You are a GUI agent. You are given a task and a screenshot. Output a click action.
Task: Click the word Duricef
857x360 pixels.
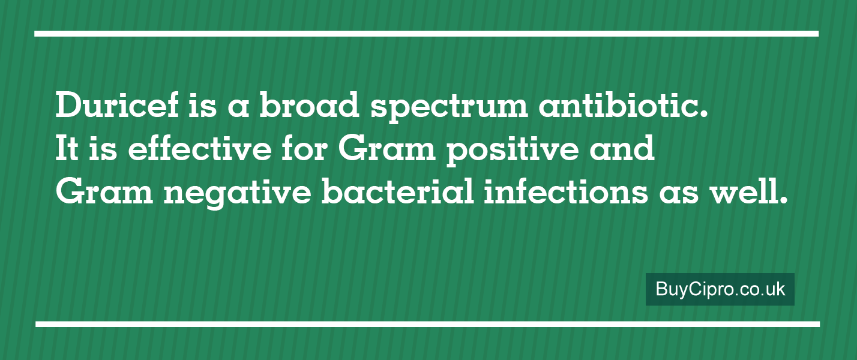coord(117,105)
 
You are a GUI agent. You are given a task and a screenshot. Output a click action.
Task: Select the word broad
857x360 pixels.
coord(310,105)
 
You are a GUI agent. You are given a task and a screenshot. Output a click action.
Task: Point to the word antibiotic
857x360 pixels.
coord(624,105)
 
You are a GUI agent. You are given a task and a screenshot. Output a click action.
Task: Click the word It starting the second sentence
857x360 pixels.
coord(67,148)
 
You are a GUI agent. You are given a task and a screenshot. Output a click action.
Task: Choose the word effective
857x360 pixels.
coord(200,147)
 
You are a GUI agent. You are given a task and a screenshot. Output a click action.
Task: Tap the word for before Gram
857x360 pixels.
coord(305,147)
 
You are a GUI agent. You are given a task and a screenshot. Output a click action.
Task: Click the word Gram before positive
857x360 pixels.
coord(387,148)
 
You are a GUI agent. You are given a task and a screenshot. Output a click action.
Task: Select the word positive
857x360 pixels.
coord(513,151)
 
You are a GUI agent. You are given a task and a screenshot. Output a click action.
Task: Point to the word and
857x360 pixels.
coord(622,147)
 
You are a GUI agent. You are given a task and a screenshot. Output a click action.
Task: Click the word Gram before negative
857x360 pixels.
coord(104,191)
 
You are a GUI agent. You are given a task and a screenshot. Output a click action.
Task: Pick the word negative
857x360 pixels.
coord(238,194)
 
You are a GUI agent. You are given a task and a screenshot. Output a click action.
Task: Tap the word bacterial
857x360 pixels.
coord(397,190)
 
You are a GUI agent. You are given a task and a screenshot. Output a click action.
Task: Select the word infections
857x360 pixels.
coord(566,190)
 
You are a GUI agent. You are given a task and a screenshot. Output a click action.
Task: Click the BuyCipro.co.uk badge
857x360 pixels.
coord(720,289)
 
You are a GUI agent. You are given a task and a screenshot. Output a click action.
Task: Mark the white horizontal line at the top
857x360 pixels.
coord(427,34)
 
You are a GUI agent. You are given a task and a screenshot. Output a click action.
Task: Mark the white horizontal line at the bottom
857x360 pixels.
coord(427,325)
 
